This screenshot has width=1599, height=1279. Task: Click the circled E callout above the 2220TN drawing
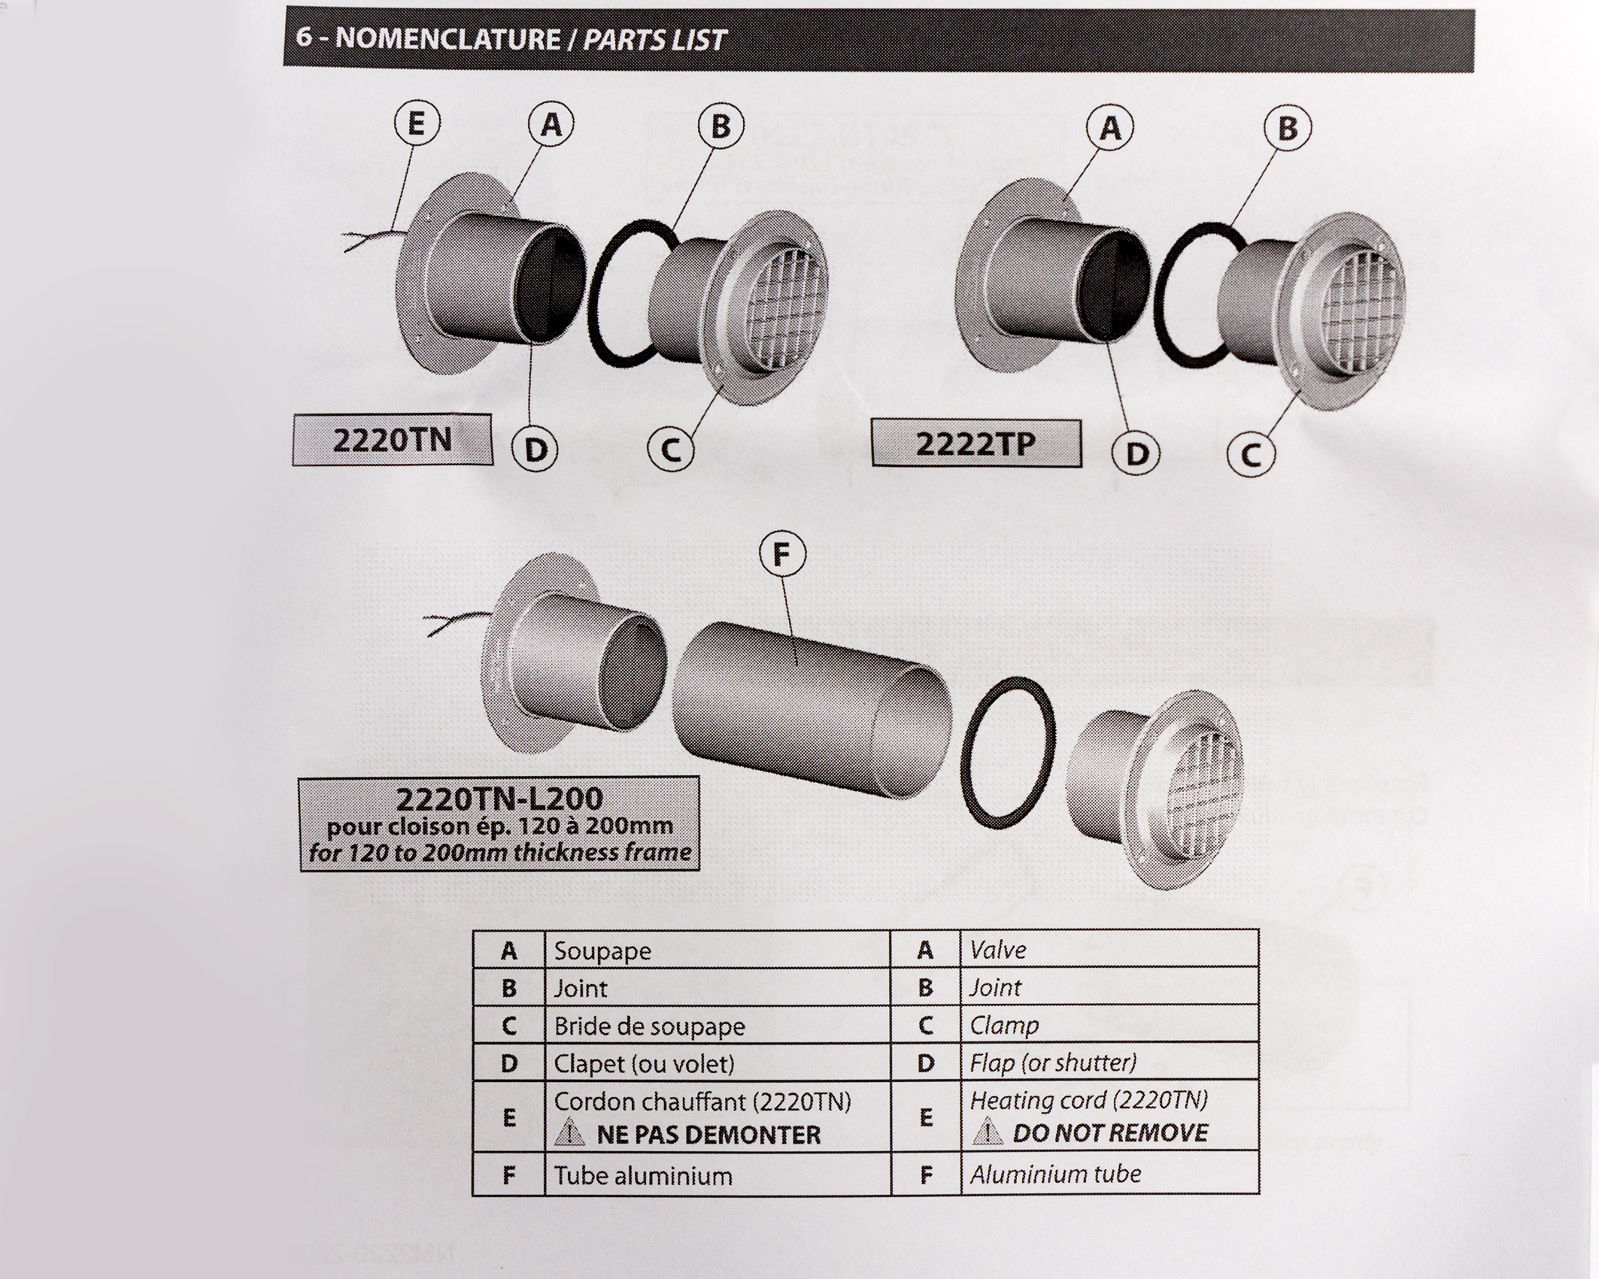click(417, 124)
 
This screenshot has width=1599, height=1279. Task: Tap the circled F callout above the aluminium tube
click(782, 555)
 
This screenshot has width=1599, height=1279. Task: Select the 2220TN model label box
click(392, 440)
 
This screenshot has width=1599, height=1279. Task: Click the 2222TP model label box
click(975, 444)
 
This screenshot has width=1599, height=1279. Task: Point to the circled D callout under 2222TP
click(1136, 453)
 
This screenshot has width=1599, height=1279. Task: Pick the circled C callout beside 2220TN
click(671, 450)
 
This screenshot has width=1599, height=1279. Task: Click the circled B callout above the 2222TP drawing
click(1287, 129)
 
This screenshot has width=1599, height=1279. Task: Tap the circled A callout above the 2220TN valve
click(551, 124)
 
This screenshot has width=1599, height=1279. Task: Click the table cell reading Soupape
click(717, 950)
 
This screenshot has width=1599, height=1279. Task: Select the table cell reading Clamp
click(1109, 1024)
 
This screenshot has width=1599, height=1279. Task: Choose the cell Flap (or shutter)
click(1109, 1062)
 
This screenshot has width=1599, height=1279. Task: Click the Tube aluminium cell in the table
click(717, 1175)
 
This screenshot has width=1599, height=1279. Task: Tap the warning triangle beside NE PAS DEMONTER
click(569, 1132)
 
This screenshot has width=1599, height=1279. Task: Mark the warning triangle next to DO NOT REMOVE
click(987, 1131)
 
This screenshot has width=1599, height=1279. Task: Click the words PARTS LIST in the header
click(654, 40)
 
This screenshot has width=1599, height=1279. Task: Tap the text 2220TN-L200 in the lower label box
click(499, 798)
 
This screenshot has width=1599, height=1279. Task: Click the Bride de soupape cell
click(717, 1026)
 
